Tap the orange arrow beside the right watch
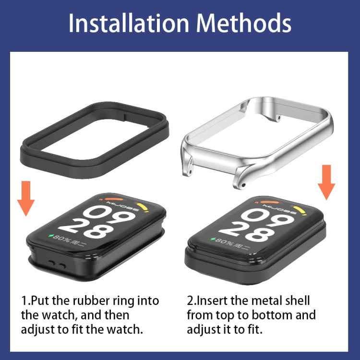(327, 181)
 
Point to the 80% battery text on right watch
(226, 240)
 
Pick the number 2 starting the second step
(190, 301)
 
